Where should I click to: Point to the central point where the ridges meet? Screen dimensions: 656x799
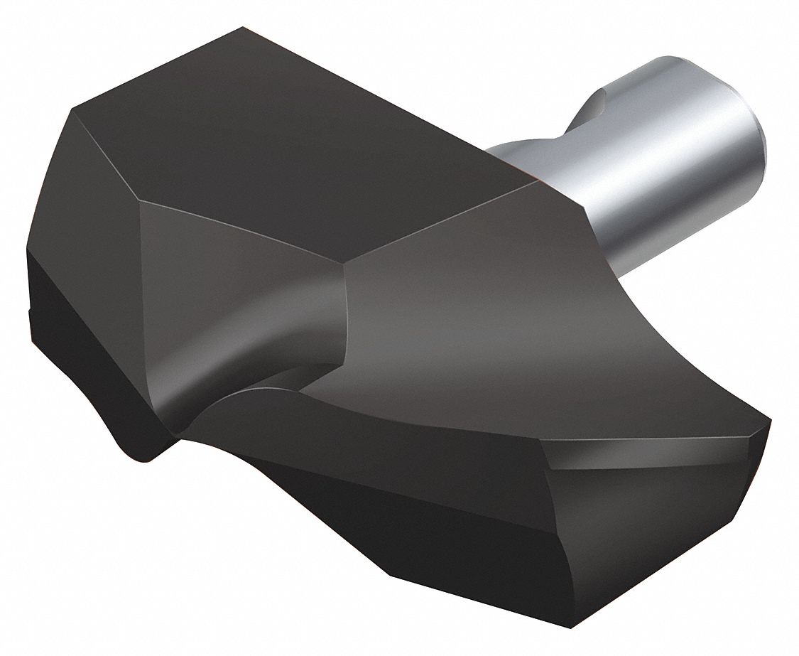[x=346, y=269]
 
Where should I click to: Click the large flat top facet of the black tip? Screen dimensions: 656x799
[x=298, y=135]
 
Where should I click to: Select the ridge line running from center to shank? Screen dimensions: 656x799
[x=447, y=224]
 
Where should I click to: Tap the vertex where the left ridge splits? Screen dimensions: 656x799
[x=142, y=203]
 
